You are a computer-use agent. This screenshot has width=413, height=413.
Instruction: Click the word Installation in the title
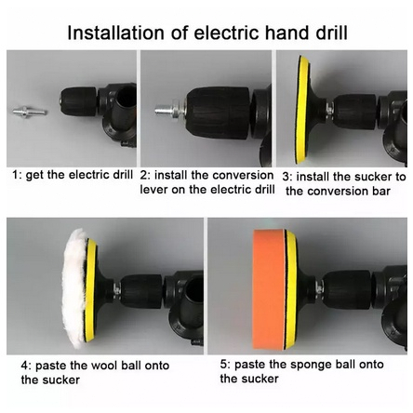115,33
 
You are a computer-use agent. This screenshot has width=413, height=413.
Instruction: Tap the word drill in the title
332,33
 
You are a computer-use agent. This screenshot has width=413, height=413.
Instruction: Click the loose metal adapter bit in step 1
30,111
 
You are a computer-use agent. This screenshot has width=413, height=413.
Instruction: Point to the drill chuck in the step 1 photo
78,101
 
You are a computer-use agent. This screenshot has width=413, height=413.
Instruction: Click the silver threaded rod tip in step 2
162,110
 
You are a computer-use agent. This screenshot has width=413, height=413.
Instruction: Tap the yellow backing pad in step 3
302,110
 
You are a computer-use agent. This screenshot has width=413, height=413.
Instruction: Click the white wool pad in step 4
74,288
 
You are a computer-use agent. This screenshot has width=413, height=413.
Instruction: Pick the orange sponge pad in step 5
269,289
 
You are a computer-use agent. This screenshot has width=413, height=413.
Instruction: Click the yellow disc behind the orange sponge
291,289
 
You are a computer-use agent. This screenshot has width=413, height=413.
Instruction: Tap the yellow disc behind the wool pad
91,289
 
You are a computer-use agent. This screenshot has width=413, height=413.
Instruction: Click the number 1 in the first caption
16,175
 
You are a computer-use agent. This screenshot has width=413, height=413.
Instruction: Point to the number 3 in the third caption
286,177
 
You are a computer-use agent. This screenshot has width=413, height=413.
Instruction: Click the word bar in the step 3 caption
381,191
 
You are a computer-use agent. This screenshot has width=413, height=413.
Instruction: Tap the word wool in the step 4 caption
104,366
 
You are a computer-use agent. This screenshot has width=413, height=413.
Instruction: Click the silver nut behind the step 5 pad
319,286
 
